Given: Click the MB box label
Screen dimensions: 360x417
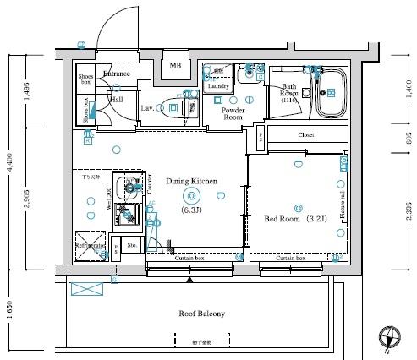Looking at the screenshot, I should point(176,65).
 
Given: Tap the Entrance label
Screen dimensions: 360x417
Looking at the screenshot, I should point(116,74).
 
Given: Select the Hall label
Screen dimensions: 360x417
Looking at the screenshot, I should point(116,99).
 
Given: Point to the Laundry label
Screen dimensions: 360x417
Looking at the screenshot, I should point(218,86).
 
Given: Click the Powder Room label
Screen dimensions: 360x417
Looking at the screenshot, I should point(233,115).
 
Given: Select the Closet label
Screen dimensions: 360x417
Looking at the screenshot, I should point(306,135).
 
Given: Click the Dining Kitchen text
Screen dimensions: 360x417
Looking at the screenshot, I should point(191,181).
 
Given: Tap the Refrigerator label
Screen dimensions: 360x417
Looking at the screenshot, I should point(90,246).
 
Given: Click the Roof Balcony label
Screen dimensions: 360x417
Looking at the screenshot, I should point(201,314).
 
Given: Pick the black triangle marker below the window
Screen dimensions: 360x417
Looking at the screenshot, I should point(190,279).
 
